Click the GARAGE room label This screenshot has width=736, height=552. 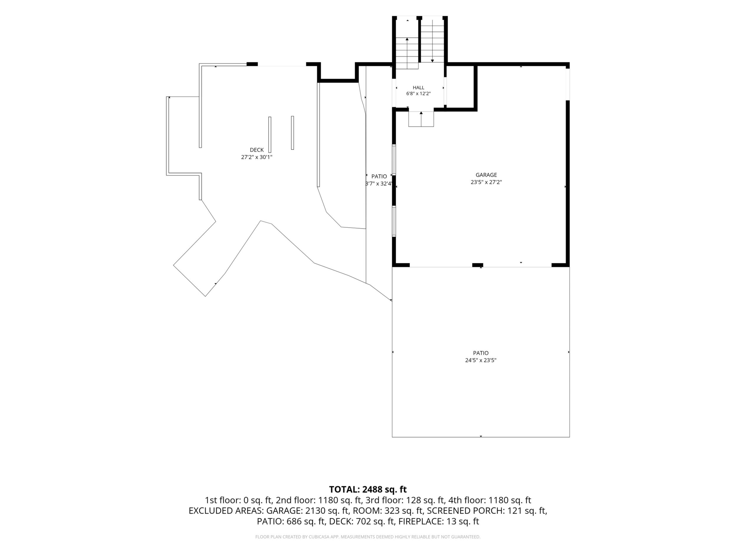click(486, 175)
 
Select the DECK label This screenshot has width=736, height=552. click(257, 150)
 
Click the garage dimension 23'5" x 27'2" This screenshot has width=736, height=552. click(486, 182)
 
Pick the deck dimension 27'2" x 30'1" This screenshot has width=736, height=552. click(257, 157)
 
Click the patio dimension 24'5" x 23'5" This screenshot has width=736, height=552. click(481, 360)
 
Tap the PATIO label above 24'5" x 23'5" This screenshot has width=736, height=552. click(481, 353)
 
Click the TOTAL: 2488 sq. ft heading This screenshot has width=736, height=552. click(368, 489)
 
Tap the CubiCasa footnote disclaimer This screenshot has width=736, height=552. click(368, 537)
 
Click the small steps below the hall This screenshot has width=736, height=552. click(421, 119)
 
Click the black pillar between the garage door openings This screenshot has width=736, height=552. click(478, 265)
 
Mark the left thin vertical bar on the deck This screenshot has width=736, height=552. click(270, 134)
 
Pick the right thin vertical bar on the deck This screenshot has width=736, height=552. click(293, 132)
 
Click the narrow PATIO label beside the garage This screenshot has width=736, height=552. click(379, 176)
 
